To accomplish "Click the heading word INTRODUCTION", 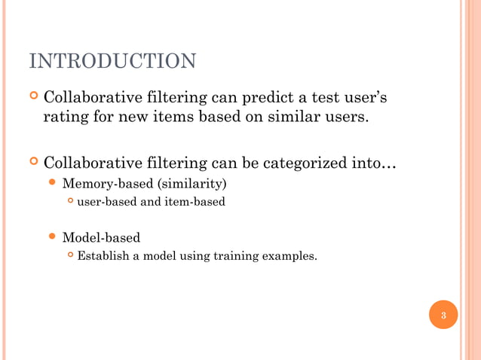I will [x=112, y=61].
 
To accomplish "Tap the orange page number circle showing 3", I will [x=443, y=315].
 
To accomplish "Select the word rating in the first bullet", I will [x=66, y=117].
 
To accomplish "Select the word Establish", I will [x=102, y=256].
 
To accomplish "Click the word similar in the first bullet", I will [x=280, y=117].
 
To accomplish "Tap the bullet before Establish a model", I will [x=70, y=256].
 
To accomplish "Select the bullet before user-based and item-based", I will [x=70, y=201].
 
